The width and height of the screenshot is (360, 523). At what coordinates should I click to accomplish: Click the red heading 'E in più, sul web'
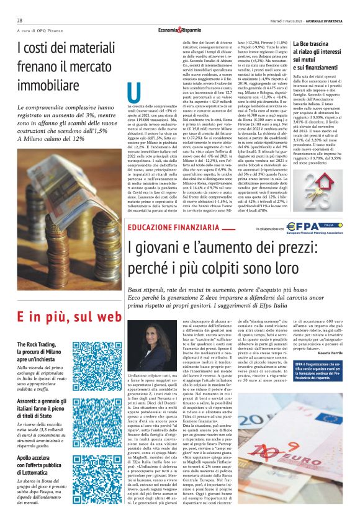pyautogui.click(x=60, y=316)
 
